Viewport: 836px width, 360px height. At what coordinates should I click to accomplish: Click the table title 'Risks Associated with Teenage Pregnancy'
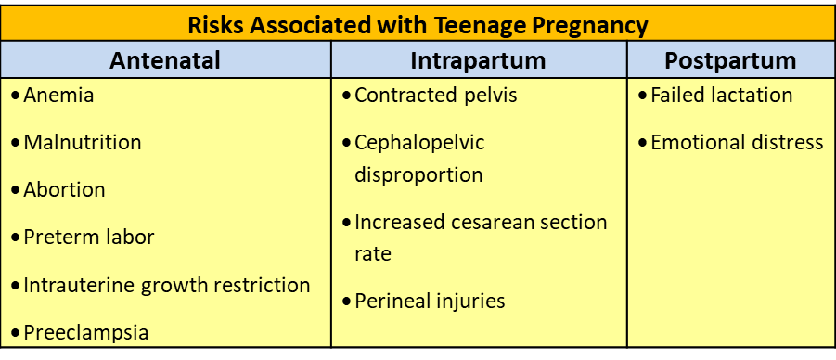pyautogui.click(x=418, y=24)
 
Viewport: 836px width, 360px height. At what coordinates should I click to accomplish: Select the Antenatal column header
pyautogui.click(x=165, y=60)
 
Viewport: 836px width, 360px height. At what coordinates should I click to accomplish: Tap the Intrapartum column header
pyautogui.click(x=478, y=60)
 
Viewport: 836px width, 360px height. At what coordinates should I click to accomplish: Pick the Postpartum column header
pyautogui.click(x=730, y=60)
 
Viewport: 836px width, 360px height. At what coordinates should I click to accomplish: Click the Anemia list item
pyautogui.click(x=58, y=96)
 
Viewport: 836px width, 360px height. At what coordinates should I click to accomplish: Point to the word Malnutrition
pyautogui.click(x=83, y=142)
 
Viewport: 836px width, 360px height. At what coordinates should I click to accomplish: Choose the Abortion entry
pyautogui.click(x=65, y=190)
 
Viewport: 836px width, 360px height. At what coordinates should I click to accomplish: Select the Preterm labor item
pyautogui.click(x=89, y=237)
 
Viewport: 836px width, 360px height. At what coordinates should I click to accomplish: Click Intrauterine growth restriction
pyautogui.click(x=167, y=285)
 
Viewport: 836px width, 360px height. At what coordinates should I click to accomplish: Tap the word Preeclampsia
pyautogui.click(x=86, y=332)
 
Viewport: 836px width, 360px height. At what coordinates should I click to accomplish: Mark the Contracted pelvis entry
pyautogui.click(x=435, y=96)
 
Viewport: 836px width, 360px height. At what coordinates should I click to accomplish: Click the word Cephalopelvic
pyautogui.click(x=419, y=142)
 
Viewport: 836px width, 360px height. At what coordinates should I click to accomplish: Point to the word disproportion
pyautogui.click(x=418, y=174)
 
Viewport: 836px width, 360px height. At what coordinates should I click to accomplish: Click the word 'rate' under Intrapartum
pyautogui.click(x=373, y=253)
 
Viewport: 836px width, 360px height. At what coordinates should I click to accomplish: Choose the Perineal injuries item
pyautogui.click(x=430, y=301)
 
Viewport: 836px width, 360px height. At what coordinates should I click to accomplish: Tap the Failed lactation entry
pyautogui.click(x=721, y=96)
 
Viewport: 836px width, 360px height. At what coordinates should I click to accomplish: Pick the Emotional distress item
pyautogui.click(x=737, y=142)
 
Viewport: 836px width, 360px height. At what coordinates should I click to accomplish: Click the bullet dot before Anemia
pyautogui.click(x=16, y=96)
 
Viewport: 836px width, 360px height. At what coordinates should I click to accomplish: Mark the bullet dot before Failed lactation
pyautogui.click(x=642, y=96)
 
